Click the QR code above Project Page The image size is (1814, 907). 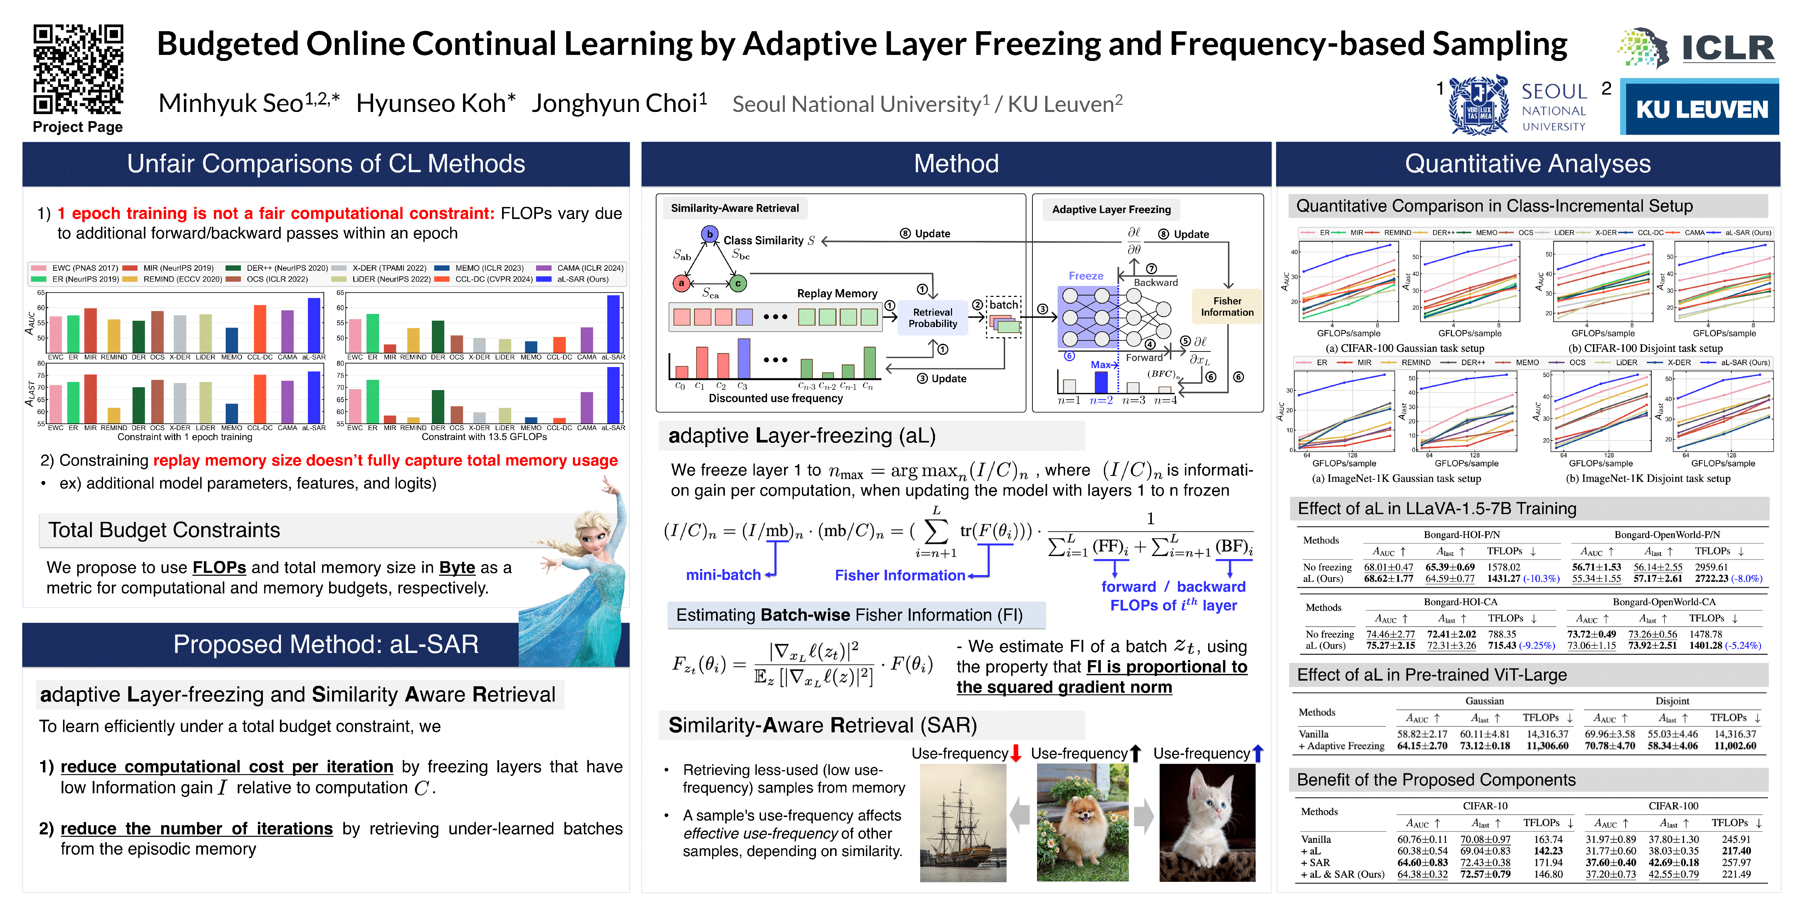pos(78,69)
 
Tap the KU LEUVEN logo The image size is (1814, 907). pos(1701,108)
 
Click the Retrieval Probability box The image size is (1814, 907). pos(933,317)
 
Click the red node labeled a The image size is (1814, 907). pos(681,283)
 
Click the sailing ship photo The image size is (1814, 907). pos(963,822)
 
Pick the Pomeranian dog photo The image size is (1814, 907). pos(1082,822)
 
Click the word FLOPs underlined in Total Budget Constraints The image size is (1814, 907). pos(219,568)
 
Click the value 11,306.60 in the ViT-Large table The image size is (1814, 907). pos(1547,746)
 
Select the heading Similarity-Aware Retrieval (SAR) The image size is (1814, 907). pos(822,725)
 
